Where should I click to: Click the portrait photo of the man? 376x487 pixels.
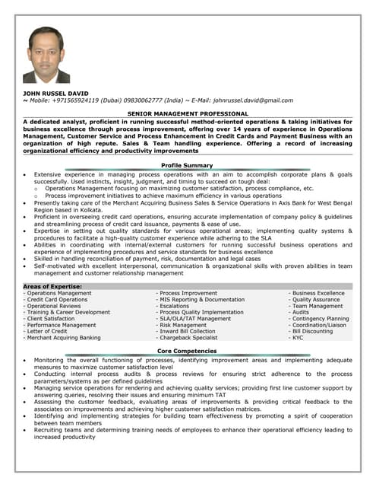click(46, 55)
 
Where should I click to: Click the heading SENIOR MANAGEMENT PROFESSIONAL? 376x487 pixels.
click(188, 113)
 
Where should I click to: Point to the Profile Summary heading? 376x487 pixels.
click(188, 164)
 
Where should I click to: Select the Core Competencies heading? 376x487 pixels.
click(188, 351)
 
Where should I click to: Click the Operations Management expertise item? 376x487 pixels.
click(58, 293)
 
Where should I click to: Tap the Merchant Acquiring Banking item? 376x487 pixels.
click(63, 338)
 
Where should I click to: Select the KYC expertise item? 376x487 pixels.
click(297, 338)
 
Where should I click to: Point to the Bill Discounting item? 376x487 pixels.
click(312, 331)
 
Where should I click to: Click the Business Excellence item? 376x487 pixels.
click(318, 293)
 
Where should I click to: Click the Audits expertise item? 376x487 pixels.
click(300, 312)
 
